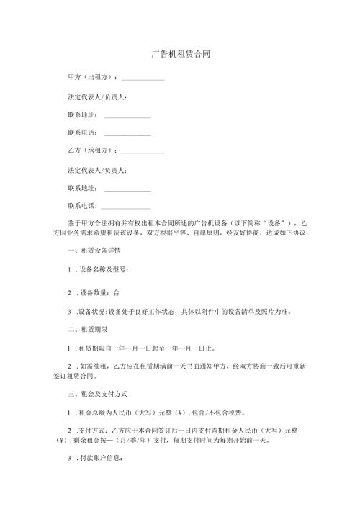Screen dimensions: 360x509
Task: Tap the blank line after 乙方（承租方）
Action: click(143, 151)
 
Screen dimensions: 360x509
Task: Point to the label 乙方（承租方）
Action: click(91, 150)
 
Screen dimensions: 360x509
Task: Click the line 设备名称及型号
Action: click(104, 270)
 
